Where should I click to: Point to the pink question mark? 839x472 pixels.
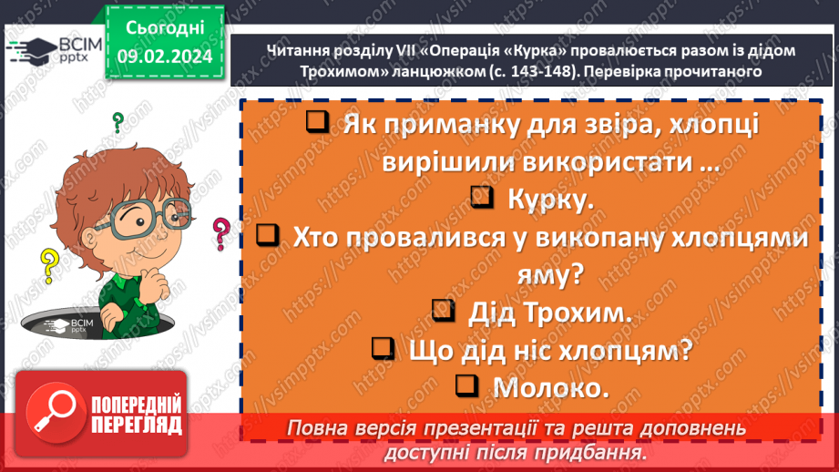[220, 233]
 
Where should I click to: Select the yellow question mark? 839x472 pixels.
[48, 266]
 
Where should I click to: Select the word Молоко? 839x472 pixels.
[550, 387]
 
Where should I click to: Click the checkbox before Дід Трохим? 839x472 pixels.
[444, 311]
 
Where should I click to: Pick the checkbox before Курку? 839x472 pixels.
[485, 198]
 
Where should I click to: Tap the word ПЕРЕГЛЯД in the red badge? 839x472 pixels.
[136, 426]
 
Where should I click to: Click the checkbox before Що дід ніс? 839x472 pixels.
[384, 348]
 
